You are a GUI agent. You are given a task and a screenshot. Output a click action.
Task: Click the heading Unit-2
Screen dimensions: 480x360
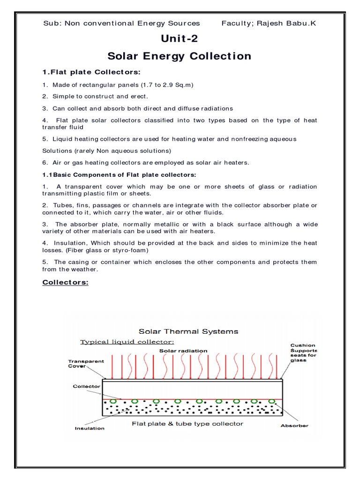point(179,39)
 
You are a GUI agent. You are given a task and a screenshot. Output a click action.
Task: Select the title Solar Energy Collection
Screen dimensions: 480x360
point(179,56)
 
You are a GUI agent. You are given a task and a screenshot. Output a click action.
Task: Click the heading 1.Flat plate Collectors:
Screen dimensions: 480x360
point(91,72)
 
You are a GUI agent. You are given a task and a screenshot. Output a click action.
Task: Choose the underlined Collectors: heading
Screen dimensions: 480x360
point(65,282)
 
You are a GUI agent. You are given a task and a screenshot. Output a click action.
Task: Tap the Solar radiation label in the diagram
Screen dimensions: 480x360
point(183,350)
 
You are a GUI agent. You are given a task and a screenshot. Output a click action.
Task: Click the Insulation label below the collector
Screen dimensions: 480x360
point(90,428)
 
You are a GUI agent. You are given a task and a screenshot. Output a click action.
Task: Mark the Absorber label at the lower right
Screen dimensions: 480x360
point(294,426)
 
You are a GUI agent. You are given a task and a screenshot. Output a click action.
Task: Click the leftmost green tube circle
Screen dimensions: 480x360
point(112,401)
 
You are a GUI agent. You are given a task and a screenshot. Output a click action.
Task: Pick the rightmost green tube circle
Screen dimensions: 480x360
point(272,401)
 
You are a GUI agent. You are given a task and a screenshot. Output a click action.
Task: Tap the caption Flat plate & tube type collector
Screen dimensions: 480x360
point(187,423)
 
